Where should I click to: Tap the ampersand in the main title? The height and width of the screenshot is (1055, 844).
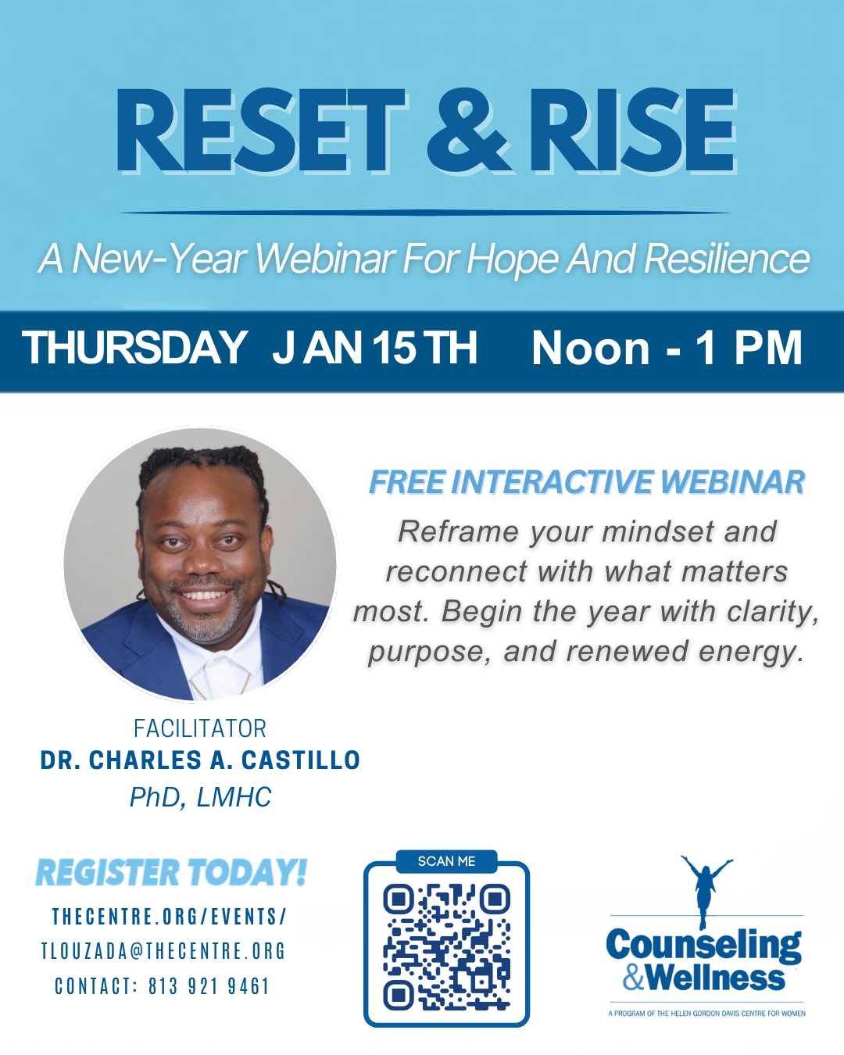[467, 131]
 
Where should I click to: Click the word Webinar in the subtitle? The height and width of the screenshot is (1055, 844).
[325, 259]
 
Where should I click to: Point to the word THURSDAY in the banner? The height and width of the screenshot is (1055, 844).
[134, 347]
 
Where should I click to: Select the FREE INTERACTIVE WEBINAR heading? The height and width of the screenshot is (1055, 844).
[587, 482]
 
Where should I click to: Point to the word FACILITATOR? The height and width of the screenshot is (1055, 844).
[200, 728]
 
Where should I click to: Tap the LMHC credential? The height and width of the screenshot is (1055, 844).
[234, 797]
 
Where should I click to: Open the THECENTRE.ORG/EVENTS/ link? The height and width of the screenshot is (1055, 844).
[170, 917]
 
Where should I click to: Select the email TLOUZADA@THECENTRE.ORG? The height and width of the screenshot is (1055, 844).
[163, 952]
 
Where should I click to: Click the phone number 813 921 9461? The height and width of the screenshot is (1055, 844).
[209, 986]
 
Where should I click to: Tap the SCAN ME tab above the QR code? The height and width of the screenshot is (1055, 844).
[446, 861]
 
